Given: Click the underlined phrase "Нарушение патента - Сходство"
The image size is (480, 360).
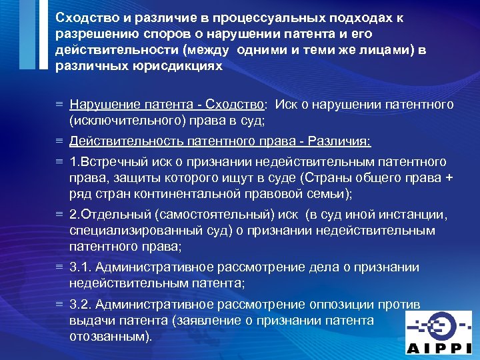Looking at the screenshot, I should (167, 105).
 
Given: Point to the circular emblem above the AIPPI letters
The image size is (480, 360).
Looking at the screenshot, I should (441, 326).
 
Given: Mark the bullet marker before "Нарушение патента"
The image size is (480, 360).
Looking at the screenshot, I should (59, 105).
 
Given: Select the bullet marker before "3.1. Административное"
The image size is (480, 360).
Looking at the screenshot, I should (59, 267).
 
